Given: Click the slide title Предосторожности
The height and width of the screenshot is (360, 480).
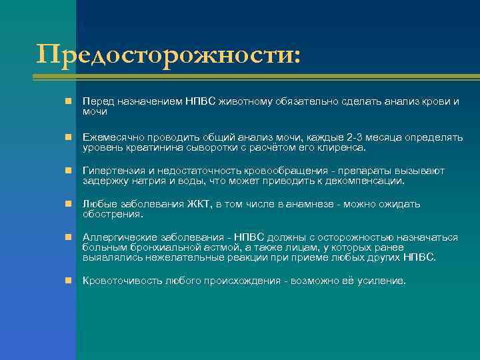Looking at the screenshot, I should coord(168,55).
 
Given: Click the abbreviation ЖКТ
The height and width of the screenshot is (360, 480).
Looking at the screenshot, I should coord(198,205).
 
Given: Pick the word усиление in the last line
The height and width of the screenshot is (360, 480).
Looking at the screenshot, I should coord(380,281).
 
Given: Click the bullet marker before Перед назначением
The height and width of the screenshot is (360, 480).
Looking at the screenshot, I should coord(69,101).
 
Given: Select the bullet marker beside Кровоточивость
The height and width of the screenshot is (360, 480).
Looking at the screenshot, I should coord(69,281).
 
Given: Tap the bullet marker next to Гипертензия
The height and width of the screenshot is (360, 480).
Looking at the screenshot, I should coord(69,171).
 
